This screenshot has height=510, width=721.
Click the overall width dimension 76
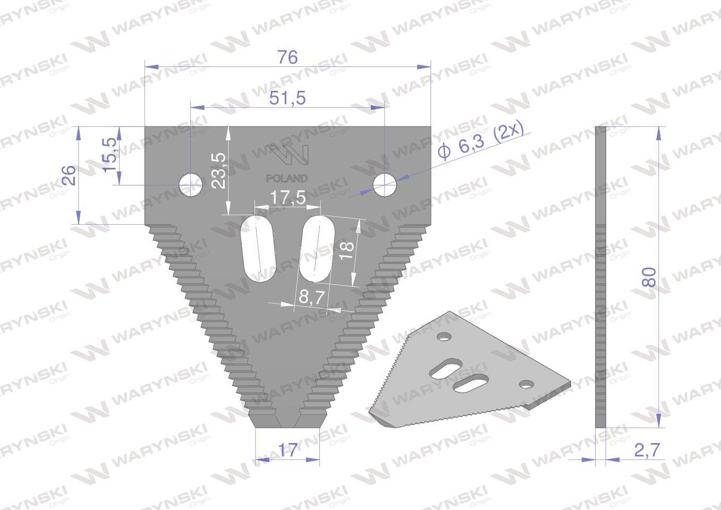287,57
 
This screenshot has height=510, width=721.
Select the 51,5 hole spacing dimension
287,98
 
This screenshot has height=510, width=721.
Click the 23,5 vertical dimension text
218,170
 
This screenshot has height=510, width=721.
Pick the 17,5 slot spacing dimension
287,198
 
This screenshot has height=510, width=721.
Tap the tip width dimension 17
287,450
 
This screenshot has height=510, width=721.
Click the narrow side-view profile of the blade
600,276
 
